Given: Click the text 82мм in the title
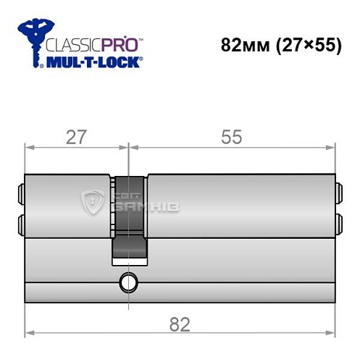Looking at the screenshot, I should click(x=246, y=44).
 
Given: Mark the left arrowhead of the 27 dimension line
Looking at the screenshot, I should click(x=30, y=148).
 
